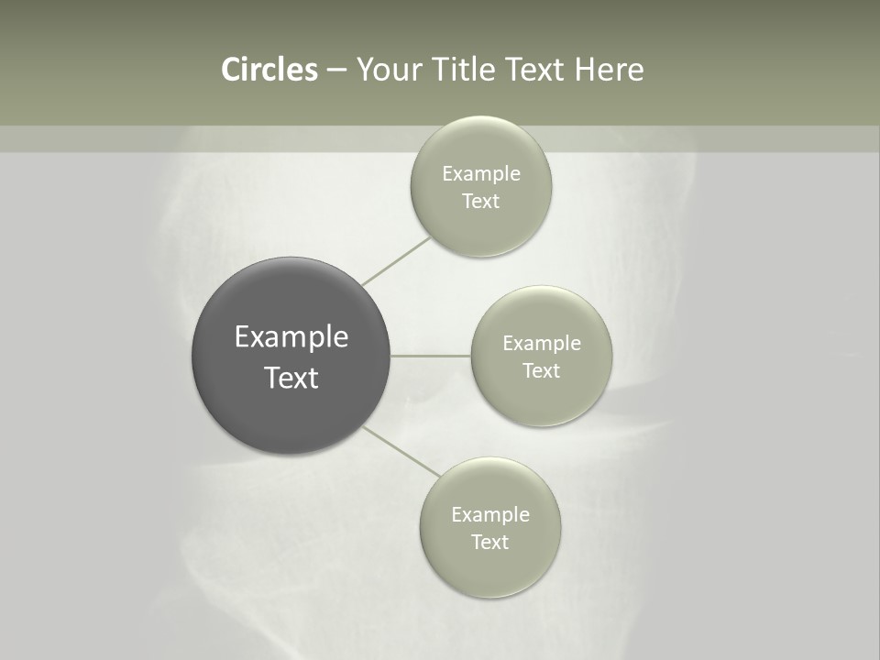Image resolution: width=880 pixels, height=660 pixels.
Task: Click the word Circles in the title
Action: [269, 70]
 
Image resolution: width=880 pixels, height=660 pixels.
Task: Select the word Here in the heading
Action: [610, 70]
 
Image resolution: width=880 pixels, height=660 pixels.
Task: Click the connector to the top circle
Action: [396, 260]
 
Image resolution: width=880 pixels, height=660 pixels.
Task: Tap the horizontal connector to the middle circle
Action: [431, 356]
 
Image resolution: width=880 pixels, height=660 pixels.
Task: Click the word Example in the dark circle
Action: [291, 337]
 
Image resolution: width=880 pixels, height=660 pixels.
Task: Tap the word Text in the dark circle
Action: [291, 378]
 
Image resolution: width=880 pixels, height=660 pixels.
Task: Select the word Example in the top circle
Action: [481, 174]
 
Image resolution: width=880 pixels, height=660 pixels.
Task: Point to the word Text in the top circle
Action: [481, 202]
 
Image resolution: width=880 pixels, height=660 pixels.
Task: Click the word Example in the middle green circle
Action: [542, 344]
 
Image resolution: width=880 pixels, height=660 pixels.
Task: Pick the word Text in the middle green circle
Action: [542, 371]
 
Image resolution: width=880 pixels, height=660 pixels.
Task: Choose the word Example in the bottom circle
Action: [490, 515]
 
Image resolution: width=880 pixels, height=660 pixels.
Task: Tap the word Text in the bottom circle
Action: [490, 543]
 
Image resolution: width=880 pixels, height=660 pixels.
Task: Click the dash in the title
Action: [336, 71]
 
